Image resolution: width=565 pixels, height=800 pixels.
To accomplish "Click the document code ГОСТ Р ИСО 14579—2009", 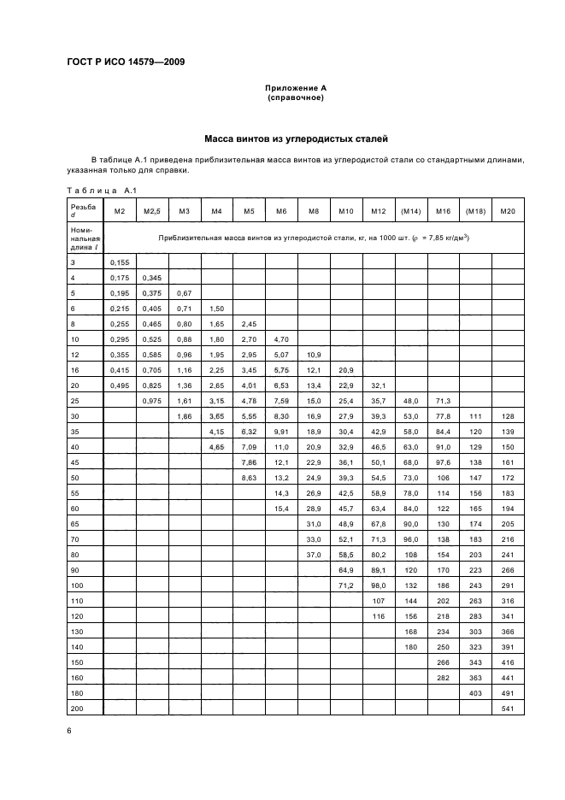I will pyautogui.click(x=127, y=62).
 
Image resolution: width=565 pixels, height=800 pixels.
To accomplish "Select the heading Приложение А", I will pyautogui.click(x=295, y=88).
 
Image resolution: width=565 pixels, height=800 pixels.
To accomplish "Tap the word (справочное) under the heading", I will pyautogui.click(x=295, y=97).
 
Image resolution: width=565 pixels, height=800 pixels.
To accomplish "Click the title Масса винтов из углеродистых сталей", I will pyautogui.click(x=295, y=138).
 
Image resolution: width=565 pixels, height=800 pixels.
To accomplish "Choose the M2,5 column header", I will pyautogui.click(x=152, y=211).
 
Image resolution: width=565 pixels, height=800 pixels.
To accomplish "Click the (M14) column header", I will pyautogui.click(x=412, y=211).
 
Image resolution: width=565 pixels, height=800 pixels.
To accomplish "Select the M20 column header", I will pyautogui.click(x=508, y=211).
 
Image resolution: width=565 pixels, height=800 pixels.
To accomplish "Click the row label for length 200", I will pyautogui.click(x=78, y=709).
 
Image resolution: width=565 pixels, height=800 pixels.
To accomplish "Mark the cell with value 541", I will pyautogui.click(x=508, y=709).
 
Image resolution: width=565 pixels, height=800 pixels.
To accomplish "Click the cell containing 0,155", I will pyautogui.click(x=120, y=263).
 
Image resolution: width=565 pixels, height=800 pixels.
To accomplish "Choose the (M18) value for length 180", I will pyautogui.click(x=475, y=694).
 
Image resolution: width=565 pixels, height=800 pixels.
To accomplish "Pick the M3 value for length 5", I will pyautogui.click(x=184, y=293).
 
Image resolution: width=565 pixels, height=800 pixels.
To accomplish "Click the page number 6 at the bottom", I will pyautogui.click(x=70, y=729).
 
